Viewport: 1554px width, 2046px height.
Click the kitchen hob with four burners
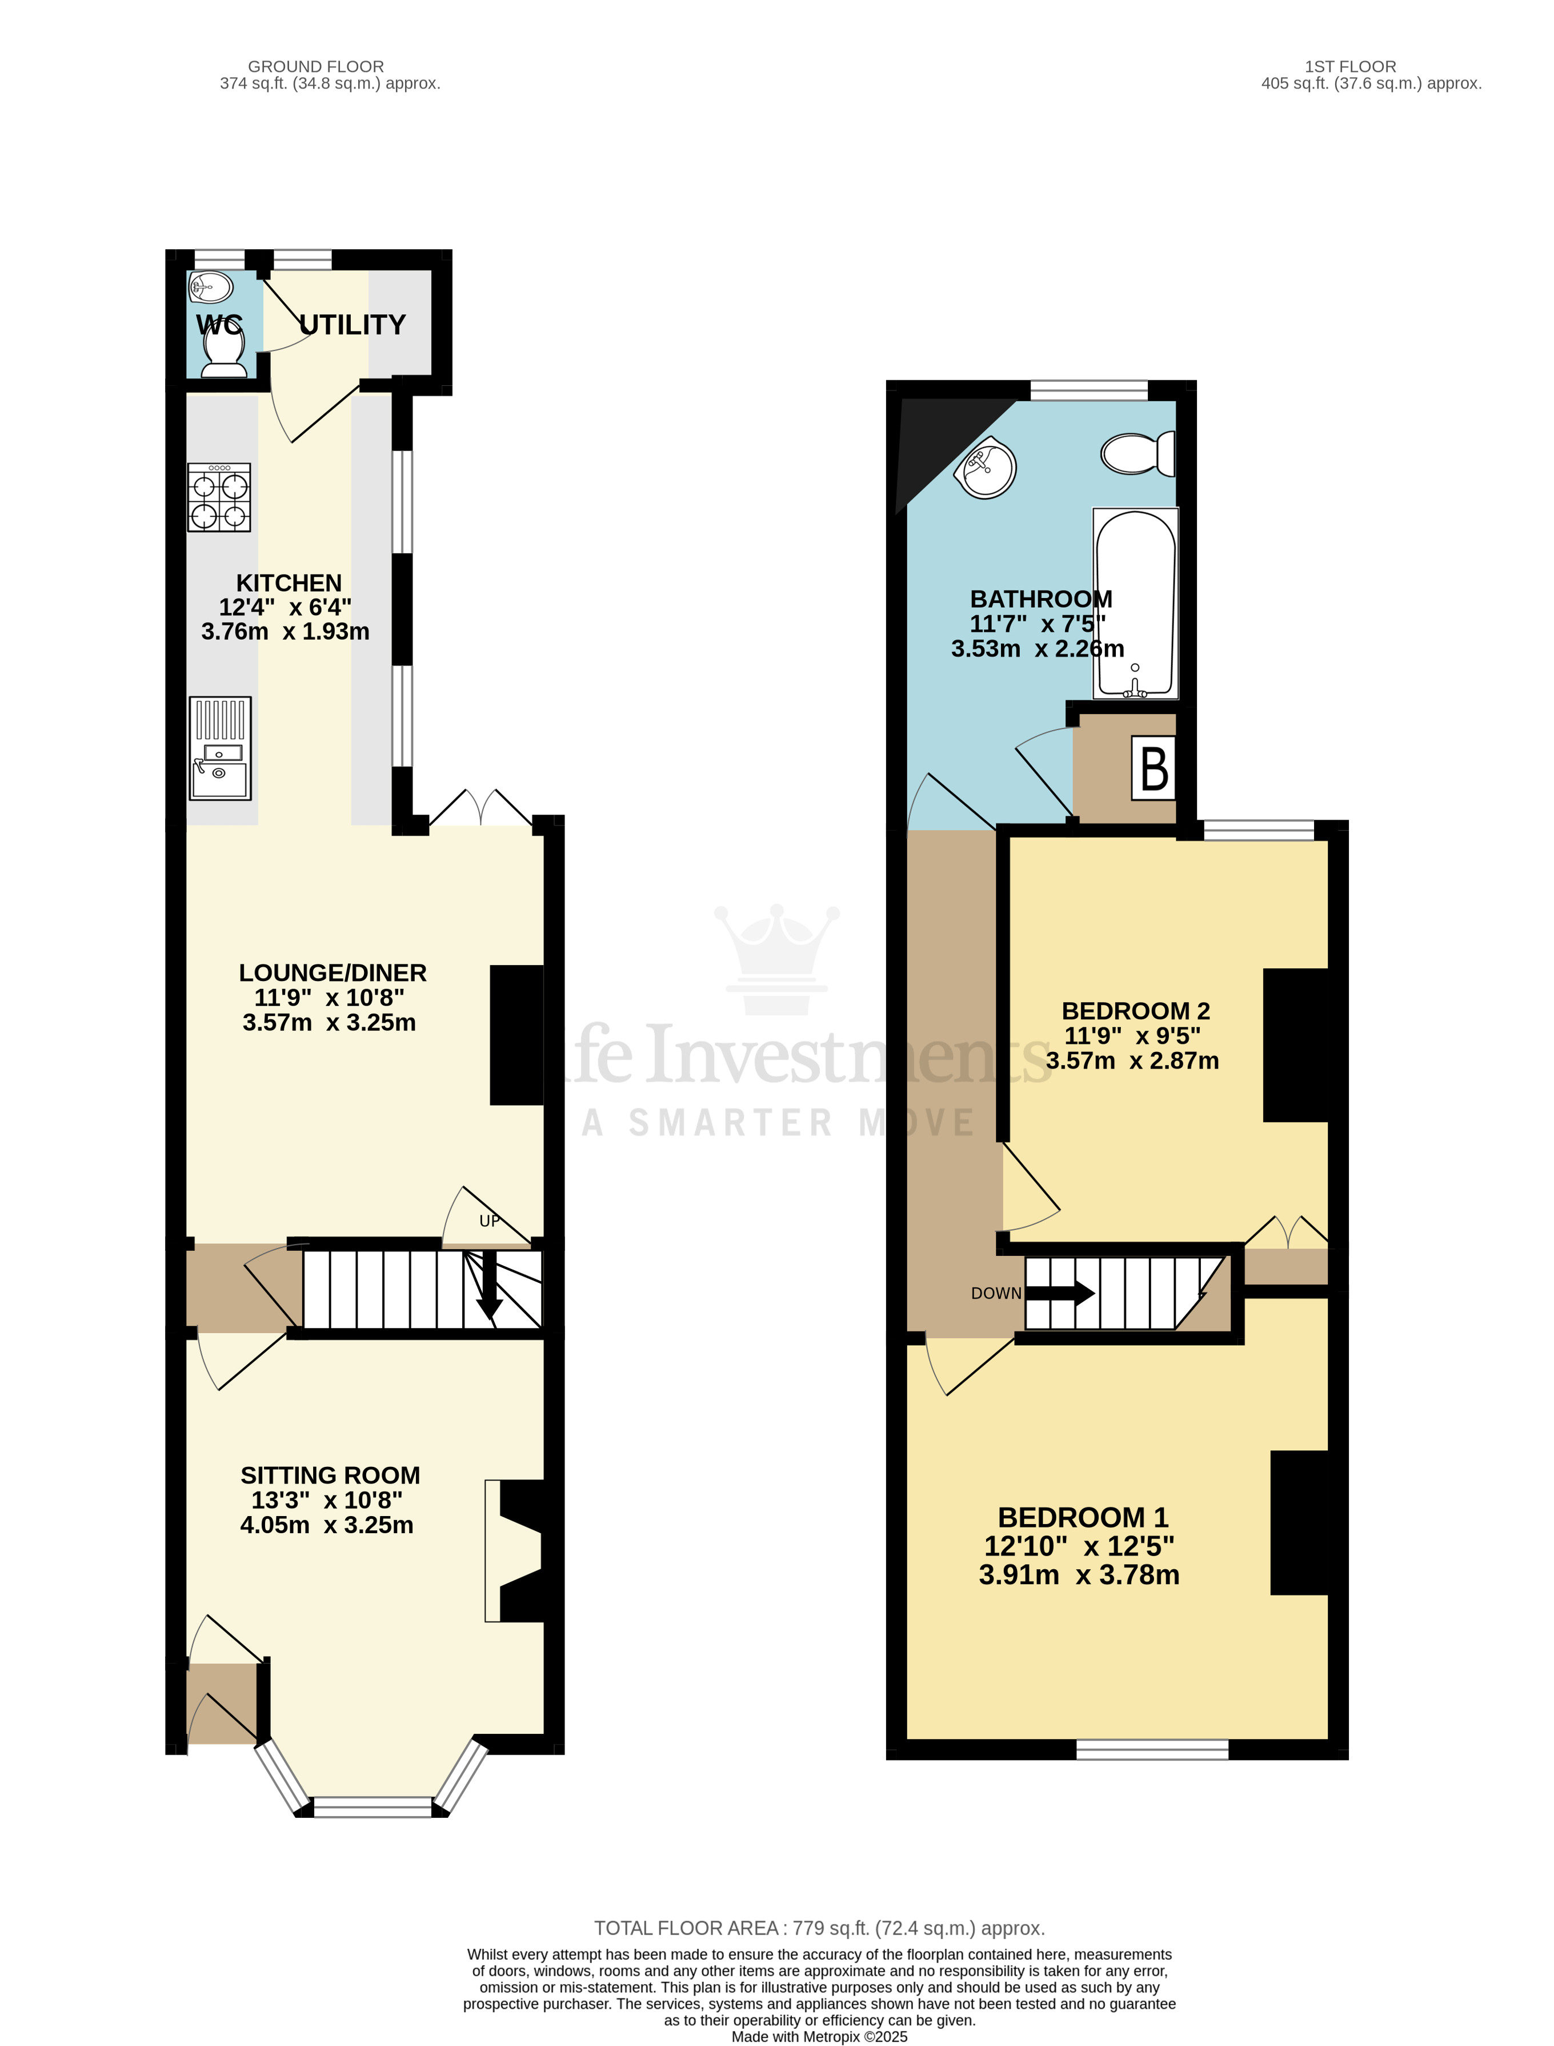coord(219,497)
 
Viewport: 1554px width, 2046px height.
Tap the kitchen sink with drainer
coord(220,748)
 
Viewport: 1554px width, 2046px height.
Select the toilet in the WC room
coord(223,353)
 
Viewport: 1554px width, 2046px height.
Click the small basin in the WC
coord(211,288)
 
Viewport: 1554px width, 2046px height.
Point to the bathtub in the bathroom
coord(1135,603)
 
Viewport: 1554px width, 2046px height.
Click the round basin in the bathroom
coord(987,467)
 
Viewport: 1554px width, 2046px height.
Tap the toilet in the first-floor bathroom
coord(1138,453)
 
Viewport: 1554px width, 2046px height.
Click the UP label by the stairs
coord(489,1221)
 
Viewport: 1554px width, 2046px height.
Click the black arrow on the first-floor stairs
coord(1060,1293)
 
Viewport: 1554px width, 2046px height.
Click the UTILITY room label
coord(353,325)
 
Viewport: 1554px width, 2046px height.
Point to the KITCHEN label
coord(289,583)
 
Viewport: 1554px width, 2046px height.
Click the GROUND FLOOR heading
coord(315,67)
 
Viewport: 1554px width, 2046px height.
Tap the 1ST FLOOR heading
coord(1349,67)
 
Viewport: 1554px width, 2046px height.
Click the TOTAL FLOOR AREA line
coord(819,1928)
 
